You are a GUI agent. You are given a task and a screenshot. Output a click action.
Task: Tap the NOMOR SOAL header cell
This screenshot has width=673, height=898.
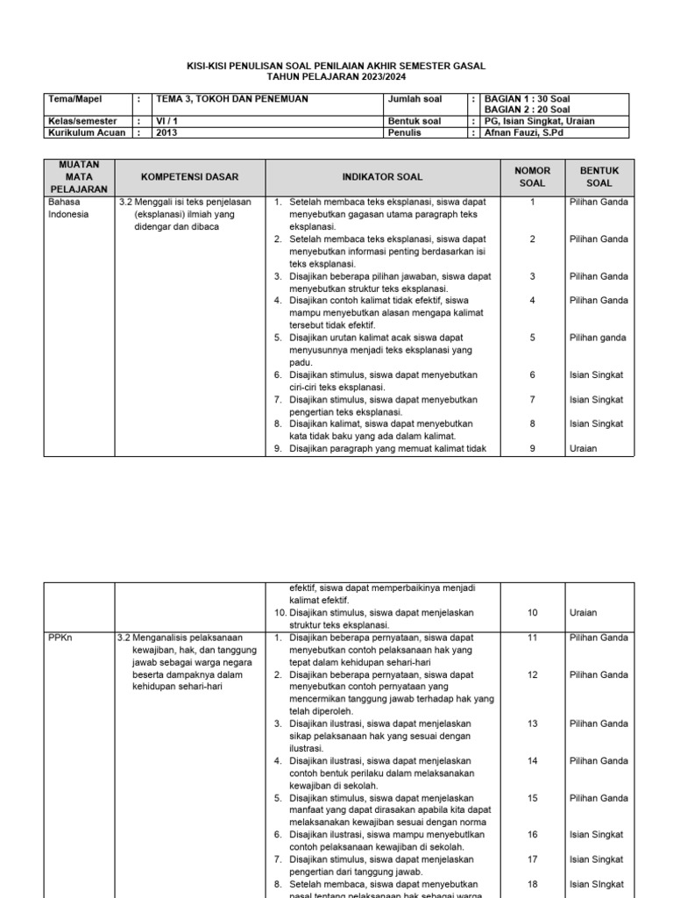tap(532, 177)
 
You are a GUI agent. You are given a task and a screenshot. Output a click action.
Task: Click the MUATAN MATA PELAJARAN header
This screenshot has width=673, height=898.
tap(80, 177)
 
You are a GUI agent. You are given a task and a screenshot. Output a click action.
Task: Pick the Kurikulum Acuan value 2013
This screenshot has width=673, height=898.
tap(166, 133)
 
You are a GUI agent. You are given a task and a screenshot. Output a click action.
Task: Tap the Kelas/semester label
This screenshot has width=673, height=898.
tap(82, 122)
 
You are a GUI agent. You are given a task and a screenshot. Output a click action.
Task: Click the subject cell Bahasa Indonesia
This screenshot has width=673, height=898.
tap(68, 208)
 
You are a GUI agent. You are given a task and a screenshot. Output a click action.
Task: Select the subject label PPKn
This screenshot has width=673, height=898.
tap(60, 638)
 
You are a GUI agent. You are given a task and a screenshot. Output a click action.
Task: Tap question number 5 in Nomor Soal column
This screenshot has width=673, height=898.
tap(532, 338)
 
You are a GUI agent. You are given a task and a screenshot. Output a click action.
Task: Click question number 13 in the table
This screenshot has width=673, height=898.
tap(532, 724)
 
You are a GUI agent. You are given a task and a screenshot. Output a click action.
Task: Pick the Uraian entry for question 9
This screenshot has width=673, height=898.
tap(583, 449)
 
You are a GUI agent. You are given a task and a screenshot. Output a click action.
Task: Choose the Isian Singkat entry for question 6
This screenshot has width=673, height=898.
tap(596, 374)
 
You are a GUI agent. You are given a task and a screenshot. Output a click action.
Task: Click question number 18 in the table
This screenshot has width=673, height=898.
tap(532, 885)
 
